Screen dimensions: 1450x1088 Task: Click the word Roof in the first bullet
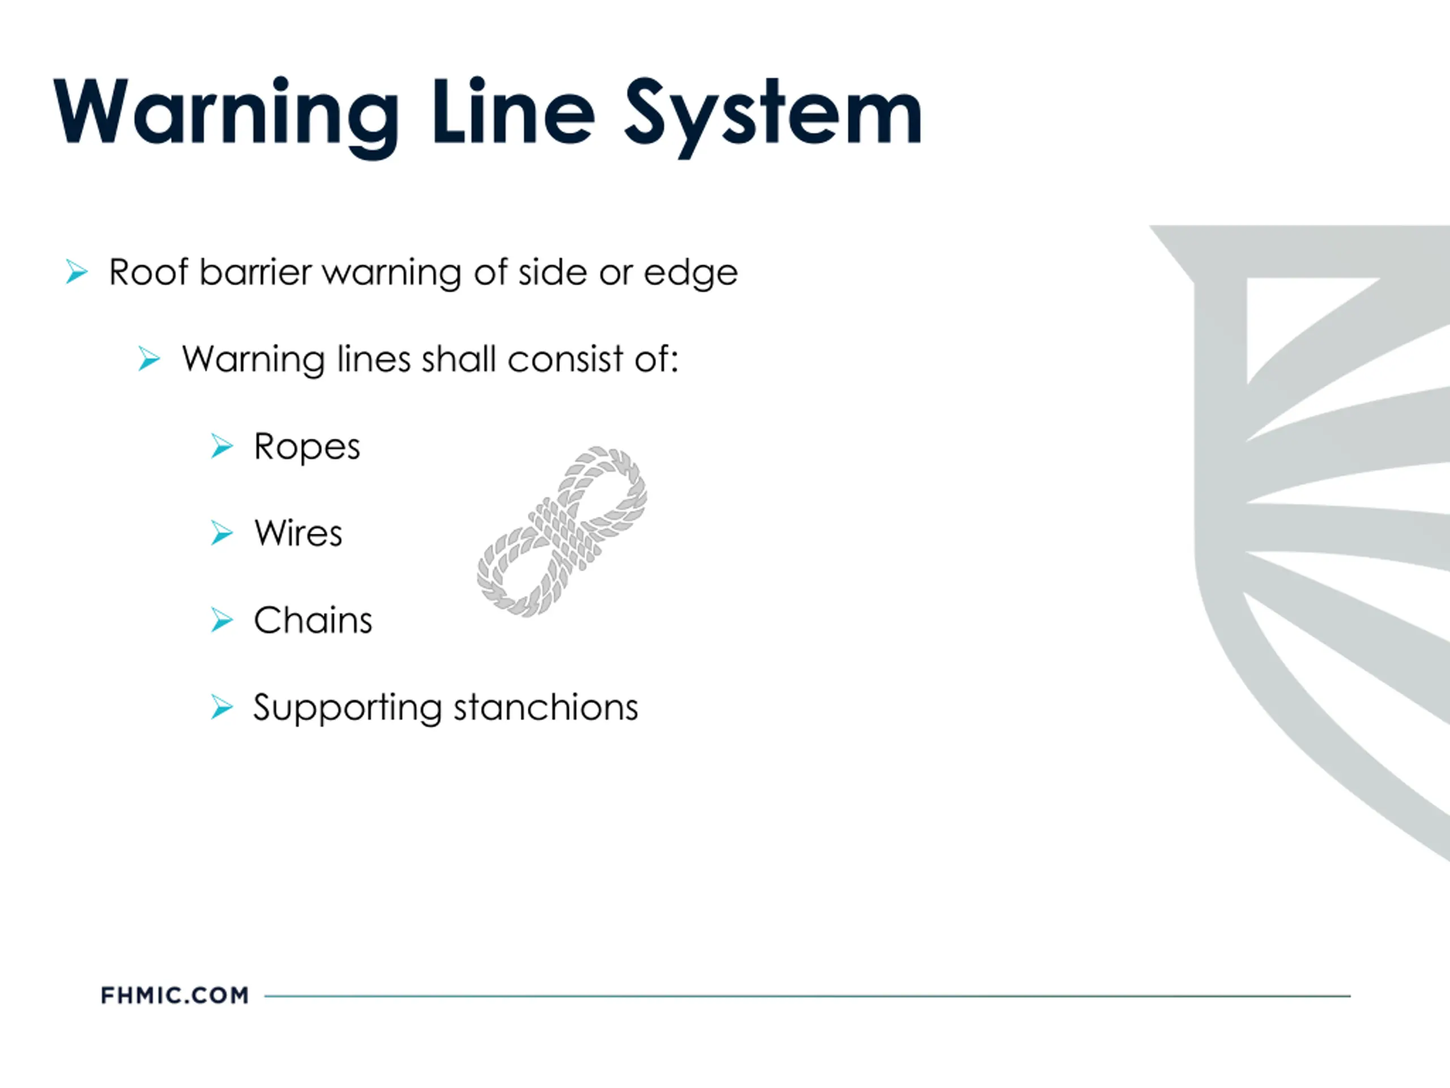(x=149, y=271)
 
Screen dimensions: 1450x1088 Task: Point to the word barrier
(x=255, y=271)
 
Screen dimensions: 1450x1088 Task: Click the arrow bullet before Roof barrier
(x=76, y=271)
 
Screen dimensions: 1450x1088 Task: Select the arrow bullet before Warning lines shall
(x=149, y=359)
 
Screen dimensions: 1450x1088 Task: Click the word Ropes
(x=307, y=447)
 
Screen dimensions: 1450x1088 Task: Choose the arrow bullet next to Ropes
(x=221, y=446)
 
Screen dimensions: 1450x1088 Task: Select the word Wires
(x=298, y=533)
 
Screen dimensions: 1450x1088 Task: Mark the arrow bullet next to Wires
(x=221, y=533)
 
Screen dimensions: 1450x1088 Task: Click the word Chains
(x=313, y=620)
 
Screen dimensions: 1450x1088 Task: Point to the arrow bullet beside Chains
(x=221, y=620)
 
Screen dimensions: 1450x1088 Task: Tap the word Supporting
(x=347, y=708)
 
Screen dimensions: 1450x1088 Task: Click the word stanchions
(x=545, y=707)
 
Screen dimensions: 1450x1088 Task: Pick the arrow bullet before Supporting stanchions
(x=221, y=707)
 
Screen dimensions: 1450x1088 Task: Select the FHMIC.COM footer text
(x=175, y=996)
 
